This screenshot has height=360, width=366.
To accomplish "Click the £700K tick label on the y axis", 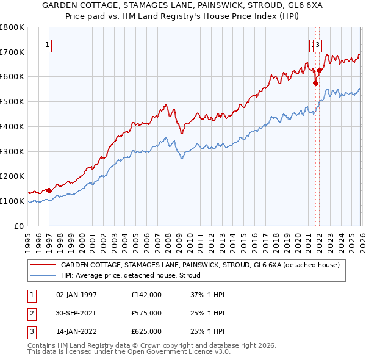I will [12, 52].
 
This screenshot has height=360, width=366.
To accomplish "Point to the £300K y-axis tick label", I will [12, 151].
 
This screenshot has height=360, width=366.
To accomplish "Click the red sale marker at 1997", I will [49, 190].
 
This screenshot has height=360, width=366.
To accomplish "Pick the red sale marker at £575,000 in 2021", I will [315, 84].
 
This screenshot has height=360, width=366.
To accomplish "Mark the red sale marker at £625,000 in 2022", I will [319, 71].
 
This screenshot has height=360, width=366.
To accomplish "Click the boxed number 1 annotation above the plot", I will [48, 44].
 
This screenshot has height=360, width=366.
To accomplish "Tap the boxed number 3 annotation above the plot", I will [318, 44].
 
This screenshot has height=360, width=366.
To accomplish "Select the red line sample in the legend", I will [43, 265].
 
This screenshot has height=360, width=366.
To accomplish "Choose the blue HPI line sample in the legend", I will [43, 275].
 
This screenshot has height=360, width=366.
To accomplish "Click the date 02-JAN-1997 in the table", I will [76, 295].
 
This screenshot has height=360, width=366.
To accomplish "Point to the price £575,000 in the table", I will [146, 313].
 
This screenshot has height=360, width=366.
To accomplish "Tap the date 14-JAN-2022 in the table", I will [76, 331].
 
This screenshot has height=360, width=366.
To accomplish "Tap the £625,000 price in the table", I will [146, 331].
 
